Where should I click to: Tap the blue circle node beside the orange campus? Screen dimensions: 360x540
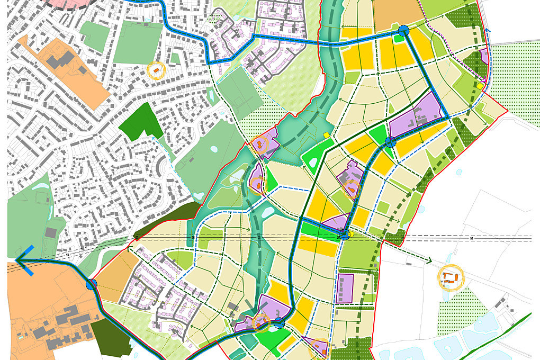click(x=92, y=284)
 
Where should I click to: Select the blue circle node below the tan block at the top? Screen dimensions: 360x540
click(x=403, y=31)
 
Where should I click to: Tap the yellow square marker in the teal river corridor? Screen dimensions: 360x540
click(x=327, y=135)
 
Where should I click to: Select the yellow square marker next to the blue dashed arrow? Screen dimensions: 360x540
click(x=480, y=86)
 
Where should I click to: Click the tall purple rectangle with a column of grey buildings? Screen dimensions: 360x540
click(x=345, y=289)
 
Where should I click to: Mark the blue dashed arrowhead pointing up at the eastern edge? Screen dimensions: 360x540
click(x=488, y=32)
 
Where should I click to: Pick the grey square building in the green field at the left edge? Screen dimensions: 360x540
click(x=51, y=232)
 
